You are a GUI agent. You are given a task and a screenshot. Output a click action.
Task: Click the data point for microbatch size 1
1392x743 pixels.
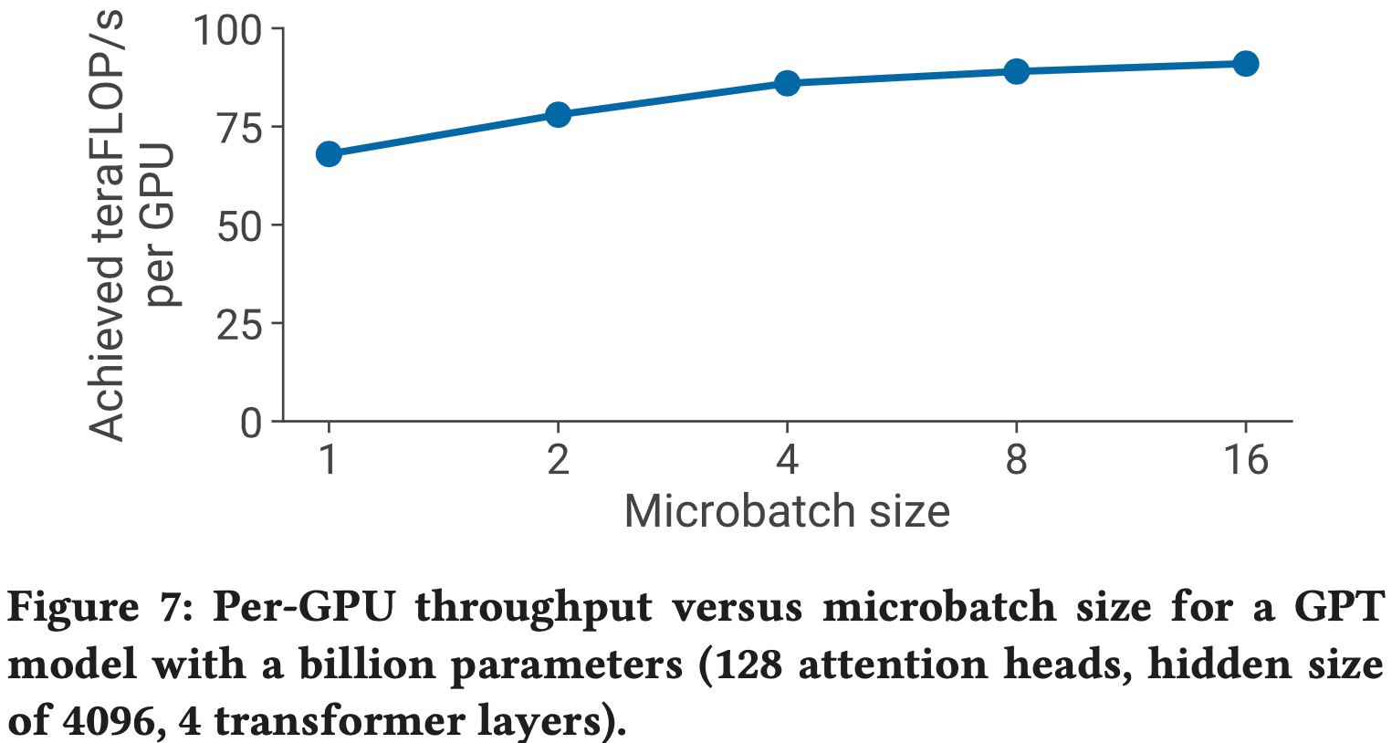tap(329, 153)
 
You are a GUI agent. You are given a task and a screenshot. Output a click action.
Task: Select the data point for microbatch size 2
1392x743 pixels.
tap(558, 114)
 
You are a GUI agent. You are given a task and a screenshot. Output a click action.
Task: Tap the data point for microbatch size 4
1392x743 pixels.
tap(787, 83)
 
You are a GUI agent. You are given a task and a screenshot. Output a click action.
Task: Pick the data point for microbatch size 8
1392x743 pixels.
tap(1016, 71)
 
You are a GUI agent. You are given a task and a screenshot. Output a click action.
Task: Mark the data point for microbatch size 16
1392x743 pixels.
tap(1245, 63)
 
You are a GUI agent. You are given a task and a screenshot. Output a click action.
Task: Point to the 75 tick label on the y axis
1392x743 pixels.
tap(239, 128)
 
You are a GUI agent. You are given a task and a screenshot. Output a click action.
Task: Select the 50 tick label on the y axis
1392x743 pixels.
tap(239, 225)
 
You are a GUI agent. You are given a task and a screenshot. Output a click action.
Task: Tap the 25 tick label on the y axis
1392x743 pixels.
tap(239, 323)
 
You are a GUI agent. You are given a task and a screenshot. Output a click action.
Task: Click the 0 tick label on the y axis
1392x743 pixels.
tap(251, 423)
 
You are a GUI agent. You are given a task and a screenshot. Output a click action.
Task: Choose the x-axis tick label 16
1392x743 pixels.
tap(1245, 459)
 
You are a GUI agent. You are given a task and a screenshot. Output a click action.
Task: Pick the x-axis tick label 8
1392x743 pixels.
tap(1016, 459)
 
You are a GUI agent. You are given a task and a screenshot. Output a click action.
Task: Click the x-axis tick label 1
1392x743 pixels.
tap(329, 459)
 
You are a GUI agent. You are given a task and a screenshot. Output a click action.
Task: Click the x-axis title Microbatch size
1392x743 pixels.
tap(787, 511)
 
